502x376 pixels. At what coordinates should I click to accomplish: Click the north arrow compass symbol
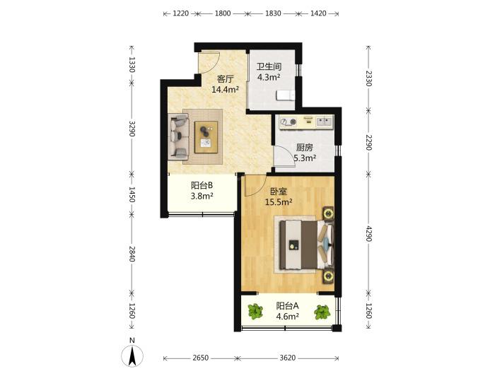[132, 356]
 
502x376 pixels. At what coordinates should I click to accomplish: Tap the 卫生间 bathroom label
[269, 66]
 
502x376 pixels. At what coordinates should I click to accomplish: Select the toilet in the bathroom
[285, 95]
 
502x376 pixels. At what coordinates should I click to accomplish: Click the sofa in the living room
[179, 136]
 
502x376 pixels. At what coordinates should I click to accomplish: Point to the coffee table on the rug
[206, 137]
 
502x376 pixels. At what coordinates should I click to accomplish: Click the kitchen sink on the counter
[325, 122]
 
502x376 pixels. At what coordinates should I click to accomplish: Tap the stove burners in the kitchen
[288, 122]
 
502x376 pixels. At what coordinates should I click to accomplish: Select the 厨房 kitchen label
[304, 148]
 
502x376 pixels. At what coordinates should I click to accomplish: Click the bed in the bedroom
[306, 245]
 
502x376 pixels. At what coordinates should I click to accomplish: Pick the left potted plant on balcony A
[255, 312]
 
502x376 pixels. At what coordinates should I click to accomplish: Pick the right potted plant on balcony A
[322, 312]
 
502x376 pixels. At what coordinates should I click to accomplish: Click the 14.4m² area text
[225, 90]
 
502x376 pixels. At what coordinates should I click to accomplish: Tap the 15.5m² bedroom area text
[279, 202]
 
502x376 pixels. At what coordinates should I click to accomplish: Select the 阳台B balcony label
[202, 185]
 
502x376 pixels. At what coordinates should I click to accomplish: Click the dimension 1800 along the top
[223, 13]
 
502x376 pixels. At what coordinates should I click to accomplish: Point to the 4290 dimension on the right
[368, 234]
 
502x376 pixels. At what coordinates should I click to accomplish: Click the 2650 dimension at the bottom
[200, 358]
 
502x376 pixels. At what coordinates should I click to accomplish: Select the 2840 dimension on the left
[132, 254]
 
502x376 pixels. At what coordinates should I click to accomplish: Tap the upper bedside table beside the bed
[328, 213]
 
